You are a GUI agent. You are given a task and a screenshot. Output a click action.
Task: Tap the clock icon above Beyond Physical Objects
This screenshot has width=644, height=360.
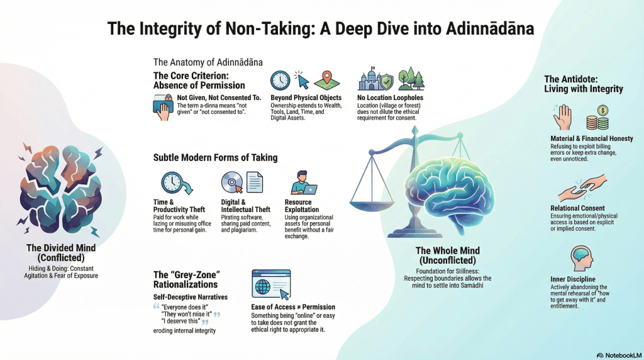tap(280, 81)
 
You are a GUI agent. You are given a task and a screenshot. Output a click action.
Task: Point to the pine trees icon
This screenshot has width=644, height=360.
tap(411, 79)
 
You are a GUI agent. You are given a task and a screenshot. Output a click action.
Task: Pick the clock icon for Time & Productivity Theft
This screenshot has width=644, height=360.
tap(172, 183)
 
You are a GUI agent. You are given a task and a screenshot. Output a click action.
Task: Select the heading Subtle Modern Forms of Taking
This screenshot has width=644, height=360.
tap(215, 157)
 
